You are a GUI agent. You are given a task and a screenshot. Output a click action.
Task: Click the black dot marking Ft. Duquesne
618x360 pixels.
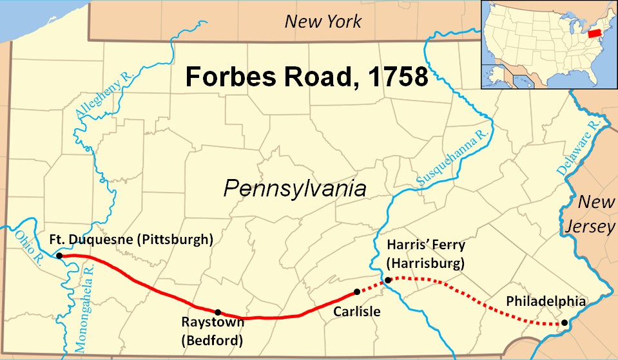point(59,256)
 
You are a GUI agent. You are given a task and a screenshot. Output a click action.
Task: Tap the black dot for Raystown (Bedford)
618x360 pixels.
point(218,312)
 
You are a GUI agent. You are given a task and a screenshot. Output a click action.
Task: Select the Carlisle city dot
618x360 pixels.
point(357,292)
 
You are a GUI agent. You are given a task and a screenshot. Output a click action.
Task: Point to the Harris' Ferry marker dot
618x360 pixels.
point(388,279)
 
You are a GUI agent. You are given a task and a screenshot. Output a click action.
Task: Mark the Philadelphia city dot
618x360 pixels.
point(565,323)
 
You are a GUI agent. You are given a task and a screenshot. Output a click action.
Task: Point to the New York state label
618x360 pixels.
point(323,22)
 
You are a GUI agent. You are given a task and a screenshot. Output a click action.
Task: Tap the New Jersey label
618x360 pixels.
point(596,214)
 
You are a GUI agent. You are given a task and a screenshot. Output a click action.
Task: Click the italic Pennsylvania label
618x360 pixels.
point(295,189)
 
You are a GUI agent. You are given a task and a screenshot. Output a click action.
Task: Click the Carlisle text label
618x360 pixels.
point(357,312)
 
